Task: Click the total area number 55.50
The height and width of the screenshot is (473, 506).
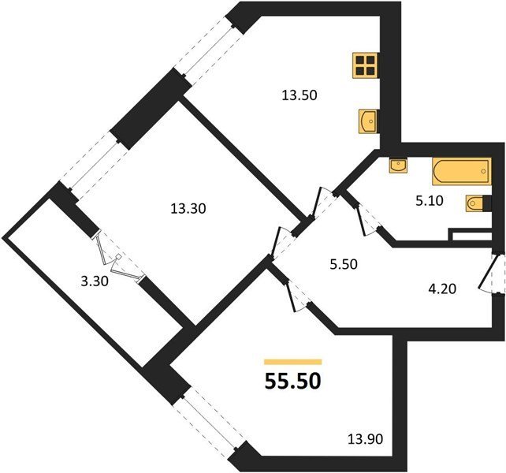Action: tap(292, 381)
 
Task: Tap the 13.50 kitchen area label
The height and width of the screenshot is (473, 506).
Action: tap(300, 95)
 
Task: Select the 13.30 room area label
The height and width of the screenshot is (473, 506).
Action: tap(188, 209)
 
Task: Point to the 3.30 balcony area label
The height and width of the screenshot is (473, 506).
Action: tap(95, 281)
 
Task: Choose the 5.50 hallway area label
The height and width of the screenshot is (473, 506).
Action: tap(343, 264)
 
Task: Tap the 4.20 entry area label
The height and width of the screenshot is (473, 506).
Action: tap(442, 289)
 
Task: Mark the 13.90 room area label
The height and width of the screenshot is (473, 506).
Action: tap(365, 439)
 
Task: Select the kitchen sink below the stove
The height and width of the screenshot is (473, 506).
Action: tap(368, 121)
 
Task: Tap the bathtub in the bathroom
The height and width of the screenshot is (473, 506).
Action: tap(461, 171)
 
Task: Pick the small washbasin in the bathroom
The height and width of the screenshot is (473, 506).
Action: tap(398, 166)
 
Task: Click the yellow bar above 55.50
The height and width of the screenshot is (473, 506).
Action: tap(293, 362)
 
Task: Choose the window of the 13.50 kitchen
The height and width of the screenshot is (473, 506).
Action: tap(209, 46)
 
